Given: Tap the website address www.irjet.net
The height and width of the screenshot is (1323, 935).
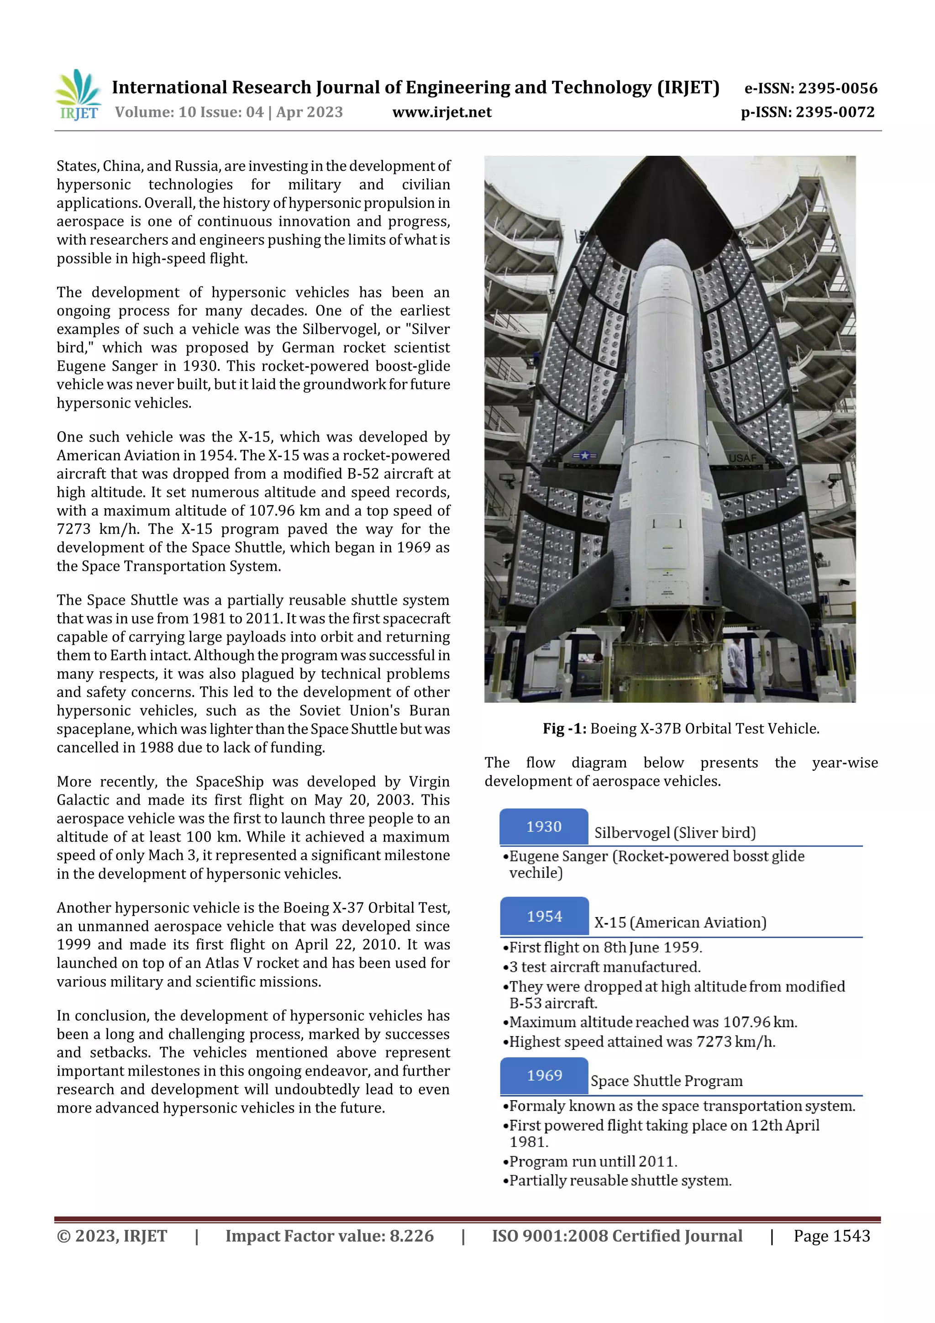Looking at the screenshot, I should click(442, 112).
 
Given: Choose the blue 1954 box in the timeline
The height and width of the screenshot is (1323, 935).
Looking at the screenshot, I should click(544, 916).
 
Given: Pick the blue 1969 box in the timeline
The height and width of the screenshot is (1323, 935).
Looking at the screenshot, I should click(544, 1075).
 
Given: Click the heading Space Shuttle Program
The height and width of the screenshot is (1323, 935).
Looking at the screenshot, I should click(666, 1081).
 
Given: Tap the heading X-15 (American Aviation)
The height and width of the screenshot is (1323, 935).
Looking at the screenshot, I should click(680, 922).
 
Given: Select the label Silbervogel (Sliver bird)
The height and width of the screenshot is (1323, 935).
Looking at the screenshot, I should click(675, 833).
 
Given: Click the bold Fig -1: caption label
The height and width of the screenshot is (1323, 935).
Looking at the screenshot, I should click(564, 729).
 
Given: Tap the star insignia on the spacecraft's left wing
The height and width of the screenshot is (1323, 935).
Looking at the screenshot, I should click(585, 455).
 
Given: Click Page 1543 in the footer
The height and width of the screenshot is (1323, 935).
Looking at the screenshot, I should click(831, 1236).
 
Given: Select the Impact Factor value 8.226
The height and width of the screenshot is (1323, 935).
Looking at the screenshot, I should click(411, 1236).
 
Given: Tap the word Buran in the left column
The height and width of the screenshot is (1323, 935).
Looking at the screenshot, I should click(429, 711).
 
